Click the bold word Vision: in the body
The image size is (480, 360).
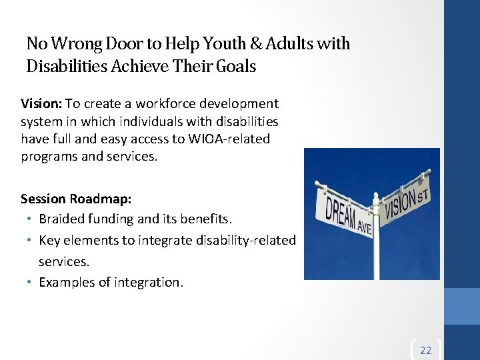41,104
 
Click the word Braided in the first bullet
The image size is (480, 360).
61,218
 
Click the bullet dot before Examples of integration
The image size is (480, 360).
30,282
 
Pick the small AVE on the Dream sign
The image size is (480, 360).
363,227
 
